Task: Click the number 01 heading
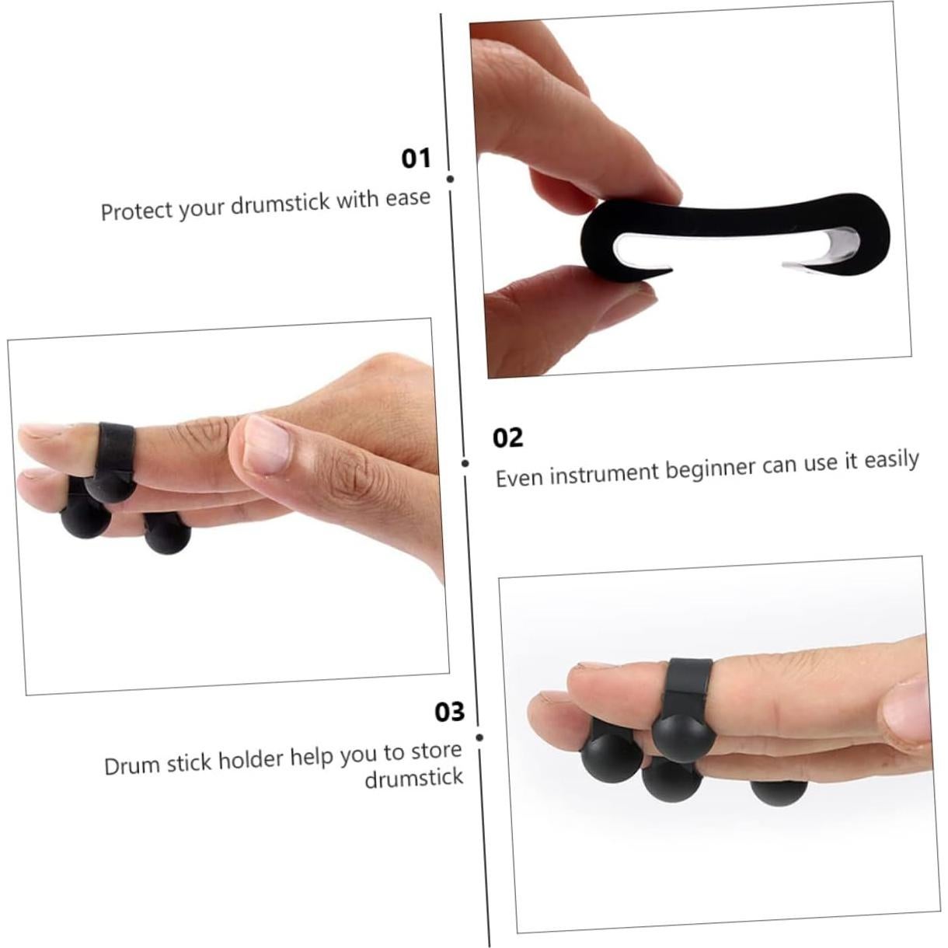pos(416,159)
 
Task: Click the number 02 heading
pos(508,438)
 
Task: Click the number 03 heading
pos(449,712)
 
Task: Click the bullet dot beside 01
pos(451,179)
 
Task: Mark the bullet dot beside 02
pos(465,463)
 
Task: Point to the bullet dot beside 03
pos(479,737)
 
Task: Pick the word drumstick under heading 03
pos(414,778)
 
